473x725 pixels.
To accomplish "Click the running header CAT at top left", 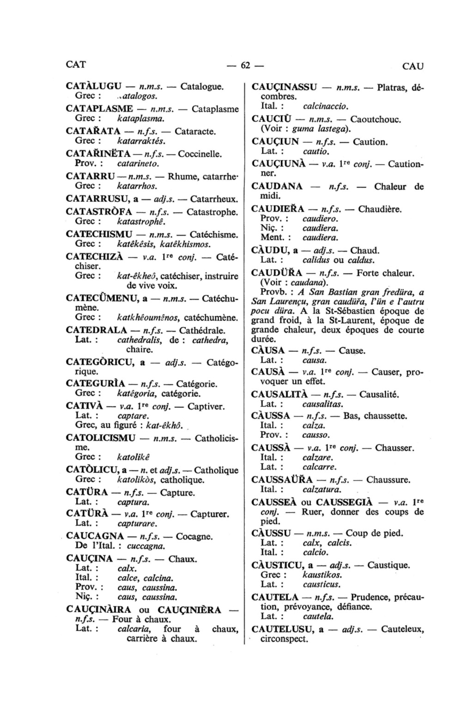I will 76,64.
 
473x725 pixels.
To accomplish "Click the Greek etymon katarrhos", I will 138,186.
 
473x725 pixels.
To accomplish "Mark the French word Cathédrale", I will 202,330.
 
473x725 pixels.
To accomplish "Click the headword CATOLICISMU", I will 101,437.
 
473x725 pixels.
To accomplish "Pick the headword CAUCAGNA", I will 95,537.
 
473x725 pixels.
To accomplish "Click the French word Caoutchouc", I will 376,119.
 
